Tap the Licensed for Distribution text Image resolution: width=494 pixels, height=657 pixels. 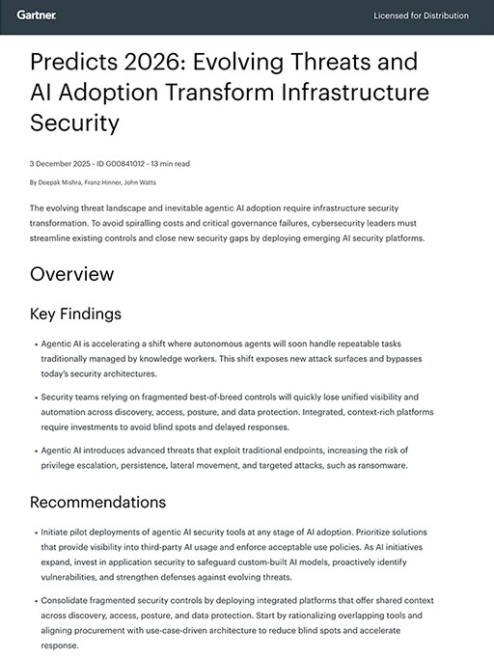tap(421, 15)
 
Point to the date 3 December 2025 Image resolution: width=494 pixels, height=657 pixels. tap(61, 164)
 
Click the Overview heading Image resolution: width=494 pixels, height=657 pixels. tap(71, 274)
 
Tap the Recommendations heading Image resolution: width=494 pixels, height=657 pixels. tap(97, 502)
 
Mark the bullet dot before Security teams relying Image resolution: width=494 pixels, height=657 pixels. tap(33, 397)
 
